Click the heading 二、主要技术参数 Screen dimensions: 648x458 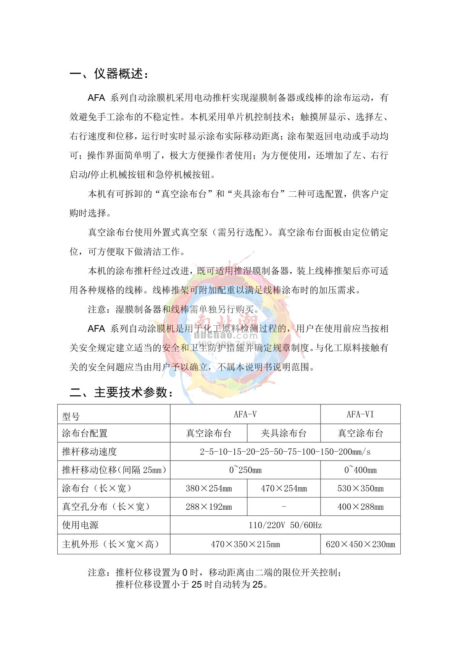(x=121, y=392)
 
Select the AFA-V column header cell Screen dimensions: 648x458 (x=245, y=414)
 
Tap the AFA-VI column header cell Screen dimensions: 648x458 (x=360, y=414)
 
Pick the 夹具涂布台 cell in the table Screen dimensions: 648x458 (x=284, y=433)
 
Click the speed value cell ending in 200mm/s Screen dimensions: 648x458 (x=285, y=452)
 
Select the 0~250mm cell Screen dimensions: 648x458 (x=245, y=470)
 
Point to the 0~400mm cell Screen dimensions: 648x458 (x=360, y=470)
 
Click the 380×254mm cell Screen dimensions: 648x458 (x=209, y=488)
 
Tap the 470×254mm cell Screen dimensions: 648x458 (x=284, y=488)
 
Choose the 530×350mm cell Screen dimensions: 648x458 (x=360, y=488)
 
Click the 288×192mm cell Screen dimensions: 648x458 (x=209, y=507)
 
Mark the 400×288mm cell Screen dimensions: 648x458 (x=360, y=507)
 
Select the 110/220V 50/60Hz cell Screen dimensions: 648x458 (x=285, y=525)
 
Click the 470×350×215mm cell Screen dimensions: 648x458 (x=245, y=544)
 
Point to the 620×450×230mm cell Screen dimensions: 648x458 (x=360, y=544)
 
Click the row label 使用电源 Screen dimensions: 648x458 (x=80, y=525)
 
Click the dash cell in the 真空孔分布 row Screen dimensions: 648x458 (x=284, y=507)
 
